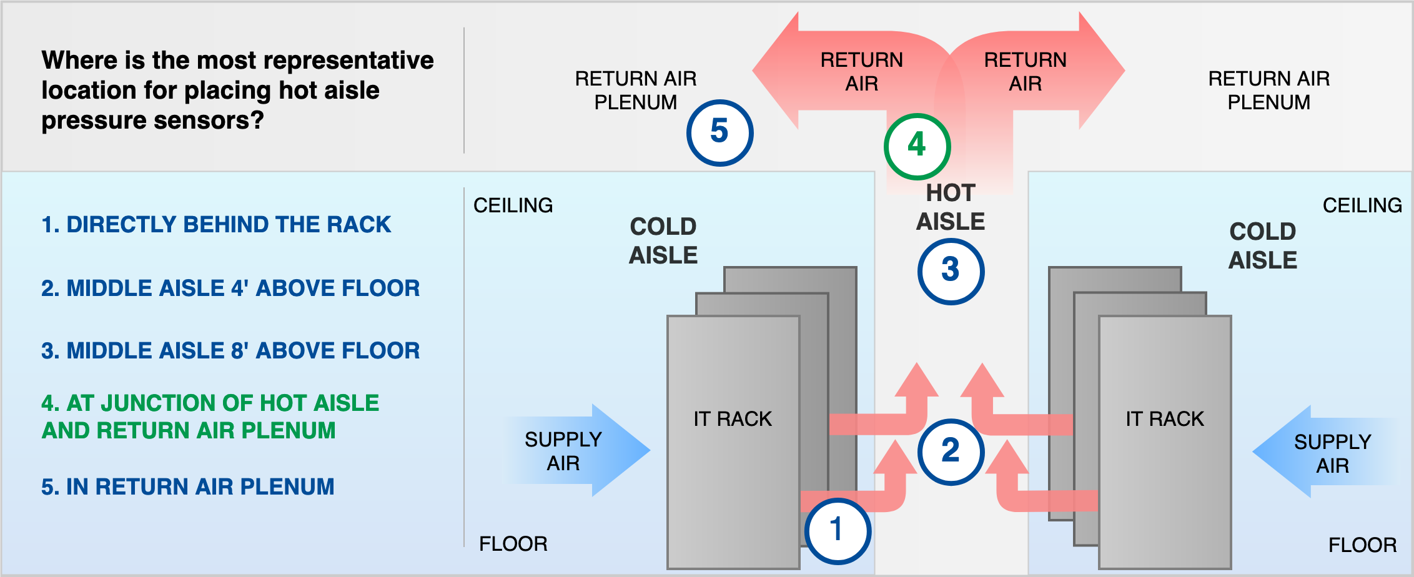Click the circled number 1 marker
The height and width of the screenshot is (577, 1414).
pos(838,531)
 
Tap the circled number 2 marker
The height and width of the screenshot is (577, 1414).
pos(951,451)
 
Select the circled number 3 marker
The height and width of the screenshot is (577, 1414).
pos(951,271)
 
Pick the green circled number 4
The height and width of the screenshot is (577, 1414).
pos(917,146)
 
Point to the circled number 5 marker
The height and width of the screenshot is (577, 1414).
pos(719,132)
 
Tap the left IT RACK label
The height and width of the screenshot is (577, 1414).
pos(733,419)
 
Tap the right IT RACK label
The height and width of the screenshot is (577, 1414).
pos(1164,419)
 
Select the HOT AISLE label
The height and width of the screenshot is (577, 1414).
pos(951,207)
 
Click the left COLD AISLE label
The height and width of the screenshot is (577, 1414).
pos(663,241)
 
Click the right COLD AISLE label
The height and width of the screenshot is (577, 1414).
pos(1262,246)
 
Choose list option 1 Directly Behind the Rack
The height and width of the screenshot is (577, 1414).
pos(216,225)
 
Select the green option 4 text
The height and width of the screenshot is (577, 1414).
pos(210,417)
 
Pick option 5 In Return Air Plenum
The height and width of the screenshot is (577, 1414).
pos(188,487)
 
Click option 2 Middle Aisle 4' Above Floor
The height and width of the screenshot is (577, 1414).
pos(230,288)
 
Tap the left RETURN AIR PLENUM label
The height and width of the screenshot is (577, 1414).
pos(635,91)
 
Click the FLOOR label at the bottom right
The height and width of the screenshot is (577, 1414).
pos(1362,545)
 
